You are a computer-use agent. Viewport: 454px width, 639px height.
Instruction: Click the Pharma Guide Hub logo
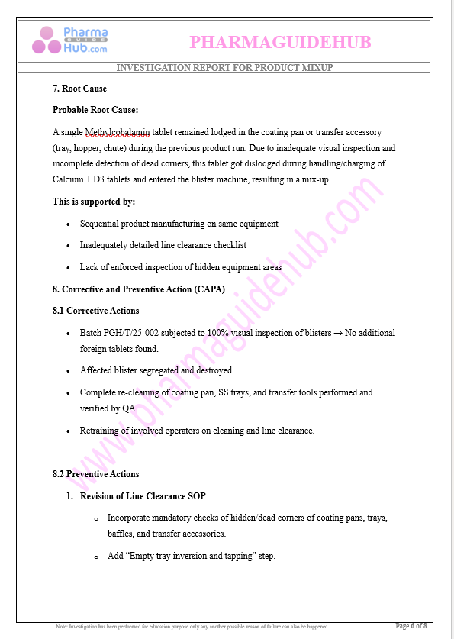tap(69, 40)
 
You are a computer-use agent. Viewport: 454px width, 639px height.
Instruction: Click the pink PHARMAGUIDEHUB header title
tap(280, 42)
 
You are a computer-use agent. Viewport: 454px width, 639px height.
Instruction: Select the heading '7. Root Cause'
tap(79, 89)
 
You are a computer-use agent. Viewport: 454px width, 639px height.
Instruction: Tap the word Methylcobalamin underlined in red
tap(118, 132)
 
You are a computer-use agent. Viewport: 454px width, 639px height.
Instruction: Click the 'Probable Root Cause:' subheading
tap(95, 110)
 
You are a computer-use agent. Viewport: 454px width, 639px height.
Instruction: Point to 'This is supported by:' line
tap(94, 202)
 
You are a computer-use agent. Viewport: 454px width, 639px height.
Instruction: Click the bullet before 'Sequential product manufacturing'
tap(69, 224)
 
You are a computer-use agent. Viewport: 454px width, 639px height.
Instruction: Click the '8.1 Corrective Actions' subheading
tap(95, 311)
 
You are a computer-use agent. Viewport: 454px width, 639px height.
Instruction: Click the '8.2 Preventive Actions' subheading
tap(95, 474)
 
